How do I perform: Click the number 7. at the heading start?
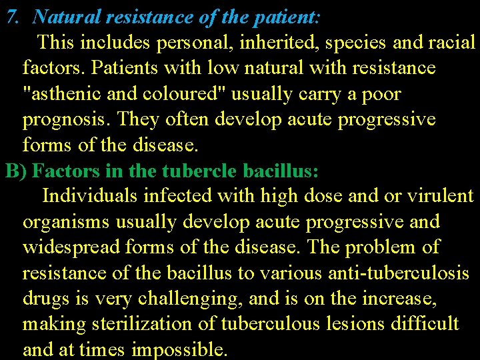pos(13,16)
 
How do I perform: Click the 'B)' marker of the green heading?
pos(16,171)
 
